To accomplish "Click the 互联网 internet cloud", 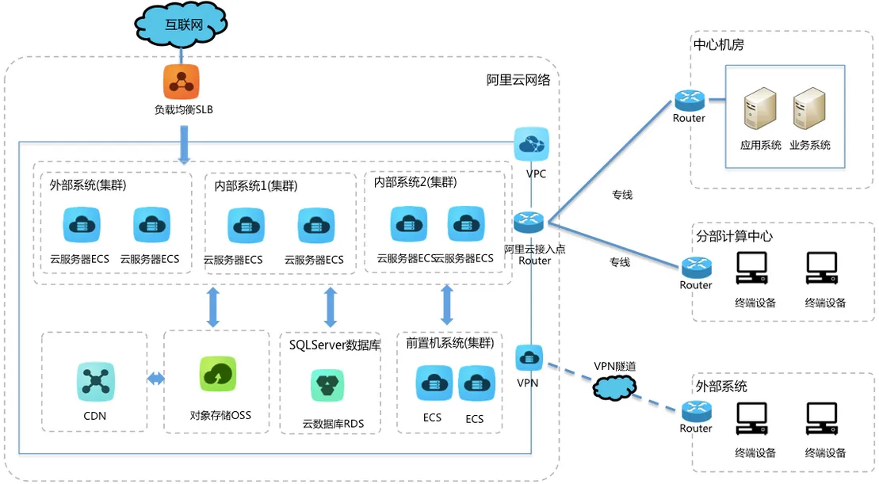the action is tap(181, 24).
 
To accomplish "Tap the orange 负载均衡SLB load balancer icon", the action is tap(181, 82).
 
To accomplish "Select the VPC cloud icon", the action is tap(531, 144).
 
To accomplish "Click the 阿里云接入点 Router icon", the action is tap(529, 223).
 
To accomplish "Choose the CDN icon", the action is tap(95, 381).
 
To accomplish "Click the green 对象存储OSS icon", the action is tap(218, 374).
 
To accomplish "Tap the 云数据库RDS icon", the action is tap(327, 386).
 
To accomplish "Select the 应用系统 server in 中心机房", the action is tap(760, 109).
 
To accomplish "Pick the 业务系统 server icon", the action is tap(809, 109).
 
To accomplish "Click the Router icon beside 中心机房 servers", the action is tap(690, 101).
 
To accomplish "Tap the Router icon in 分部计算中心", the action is tap(697, 267).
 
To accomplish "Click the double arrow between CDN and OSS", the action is tap(156, 379).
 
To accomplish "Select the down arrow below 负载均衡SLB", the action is tap(183, 144).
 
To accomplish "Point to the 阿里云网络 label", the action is tap(518, 80).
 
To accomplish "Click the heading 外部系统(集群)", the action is tap(87, 185).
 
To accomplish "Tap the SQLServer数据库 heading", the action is tap(334, 345).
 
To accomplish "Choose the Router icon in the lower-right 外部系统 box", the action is tap(697, 411).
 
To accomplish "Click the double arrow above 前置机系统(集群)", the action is tap(447, 305).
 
